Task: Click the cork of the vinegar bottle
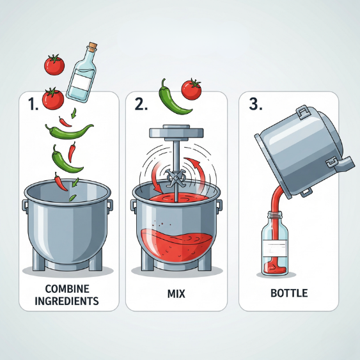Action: tap(93, 47)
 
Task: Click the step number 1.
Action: tap(33, 104)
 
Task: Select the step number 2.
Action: tap(141, 104)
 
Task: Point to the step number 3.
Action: tap(255, 104)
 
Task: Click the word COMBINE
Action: tap(67, 289)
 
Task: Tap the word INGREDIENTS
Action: tap(67, 301)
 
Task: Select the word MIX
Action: tap(176, 293)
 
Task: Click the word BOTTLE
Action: tap(289, 293)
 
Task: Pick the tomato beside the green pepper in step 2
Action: tap(191, 90)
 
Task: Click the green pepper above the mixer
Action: tap(172, 98)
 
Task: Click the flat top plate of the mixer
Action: tap(176, 132)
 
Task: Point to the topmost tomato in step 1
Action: tap(54, 65)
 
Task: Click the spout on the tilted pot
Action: tap(344, 164)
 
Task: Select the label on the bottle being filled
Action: tap(275, 249)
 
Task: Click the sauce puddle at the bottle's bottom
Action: tap(275, 268)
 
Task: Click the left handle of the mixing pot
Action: tap(134, 205)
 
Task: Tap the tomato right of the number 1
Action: tap(53, 98)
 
